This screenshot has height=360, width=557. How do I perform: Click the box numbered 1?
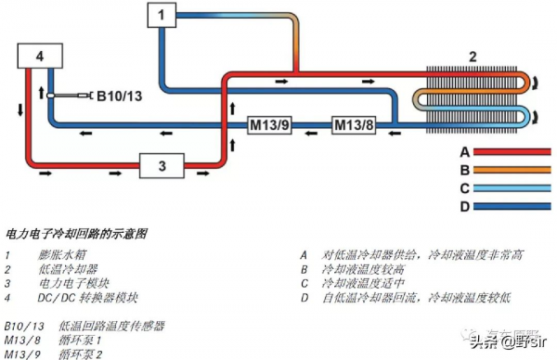click(x=160, y=15)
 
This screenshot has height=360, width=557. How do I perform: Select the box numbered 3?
click(x=162, y=167)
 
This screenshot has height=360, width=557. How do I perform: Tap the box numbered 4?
click(x=39, y=58)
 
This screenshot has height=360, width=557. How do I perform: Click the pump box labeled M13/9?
click(x=271, y=124)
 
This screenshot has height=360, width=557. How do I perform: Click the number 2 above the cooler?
click(x=472, y=57)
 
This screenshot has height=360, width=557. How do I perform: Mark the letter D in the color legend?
click(x=465, y=206)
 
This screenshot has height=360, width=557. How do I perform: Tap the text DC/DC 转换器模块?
click(x=89, y=298)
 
